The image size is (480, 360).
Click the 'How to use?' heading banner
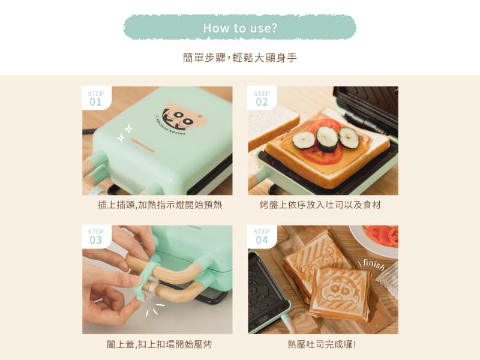[x=239, y=28]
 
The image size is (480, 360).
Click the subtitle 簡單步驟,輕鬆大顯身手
[x=239, y=58]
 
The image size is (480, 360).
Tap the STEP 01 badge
[x=97, y=98]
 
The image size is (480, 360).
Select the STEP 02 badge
[x=262, y=98]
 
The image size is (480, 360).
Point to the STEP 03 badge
[x=97, y=236]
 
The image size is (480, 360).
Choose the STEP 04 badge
[x=262, y=236]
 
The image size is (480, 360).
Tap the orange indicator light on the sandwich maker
[x=143, y=146]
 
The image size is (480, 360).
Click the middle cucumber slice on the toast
[x=327, y=139]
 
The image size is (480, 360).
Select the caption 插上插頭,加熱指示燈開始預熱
[x=160, y=205]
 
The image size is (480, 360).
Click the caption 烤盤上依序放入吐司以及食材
[x=320, y=205]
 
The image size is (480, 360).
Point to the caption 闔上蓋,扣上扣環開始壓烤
[x=159, y=344]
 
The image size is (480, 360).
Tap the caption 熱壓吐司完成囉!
[x=322, y=344]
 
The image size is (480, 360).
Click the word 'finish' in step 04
[x=373, y=265]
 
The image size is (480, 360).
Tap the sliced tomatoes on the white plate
[x=383, y=235]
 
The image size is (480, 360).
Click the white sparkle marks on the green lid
[x=125, y=133]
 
